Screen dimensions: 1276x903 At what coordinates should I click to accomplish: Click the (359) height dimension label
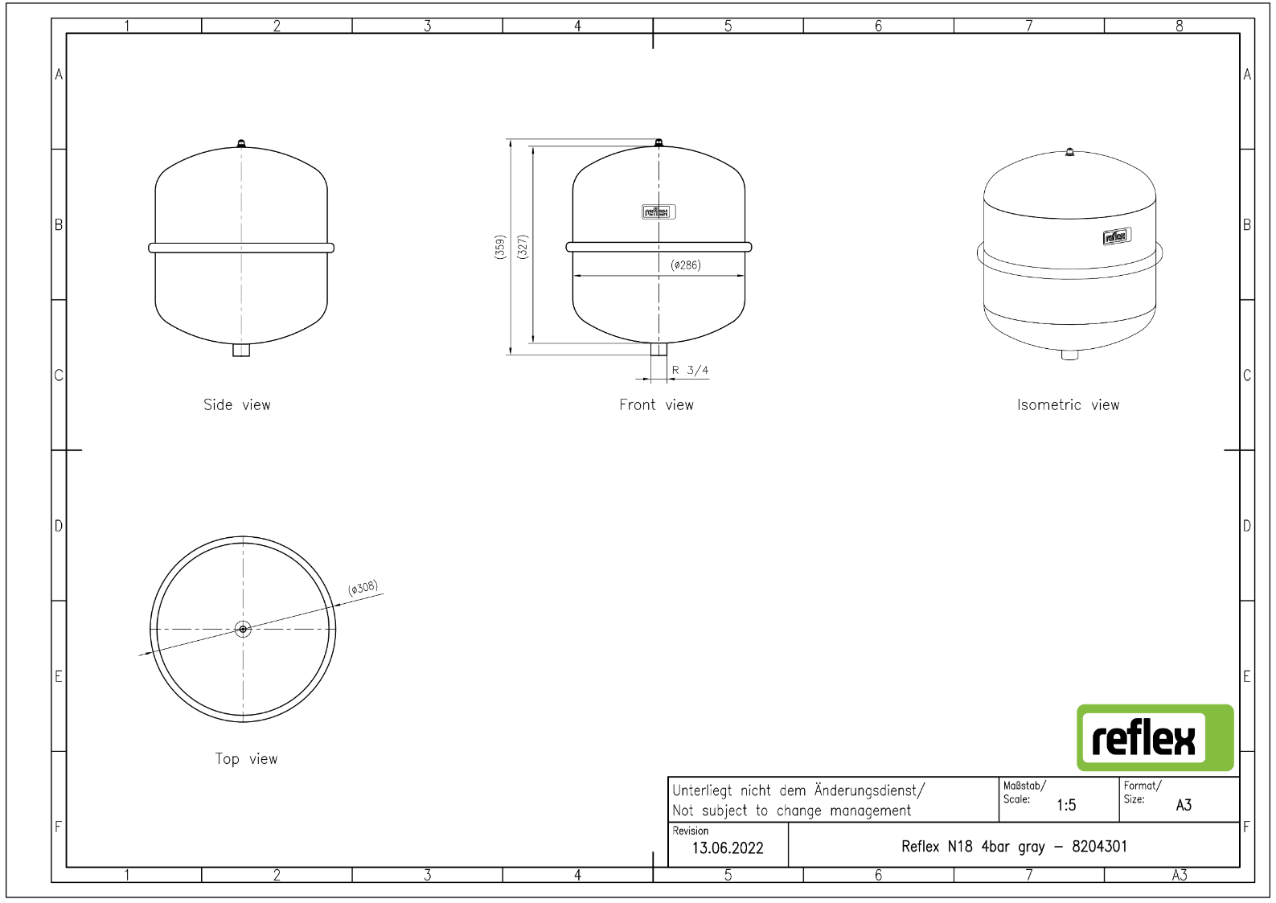499,247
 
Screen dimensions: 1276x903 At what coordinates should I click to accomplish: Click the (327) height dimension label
523,247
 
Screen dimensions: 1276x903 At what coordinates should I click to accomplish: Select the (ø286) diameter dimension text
686,265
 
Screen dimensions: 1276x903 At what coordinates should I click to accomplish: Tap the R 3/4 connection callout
691,371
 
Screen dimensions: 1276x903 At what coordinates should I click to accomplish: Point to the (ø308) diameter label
363,588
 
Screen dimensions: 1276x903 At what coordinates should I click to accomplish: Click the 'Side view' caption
237,405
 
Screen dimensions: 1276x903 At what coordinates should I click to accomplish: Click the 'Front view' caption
656,405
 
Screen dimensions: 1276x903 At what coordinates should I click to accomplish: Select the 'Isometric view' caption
1068,405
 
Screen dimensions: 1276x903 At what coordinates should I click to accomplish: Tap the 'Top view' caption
246,759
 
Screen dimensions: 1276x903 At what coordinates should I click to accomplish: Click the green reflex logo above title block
1155,738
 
